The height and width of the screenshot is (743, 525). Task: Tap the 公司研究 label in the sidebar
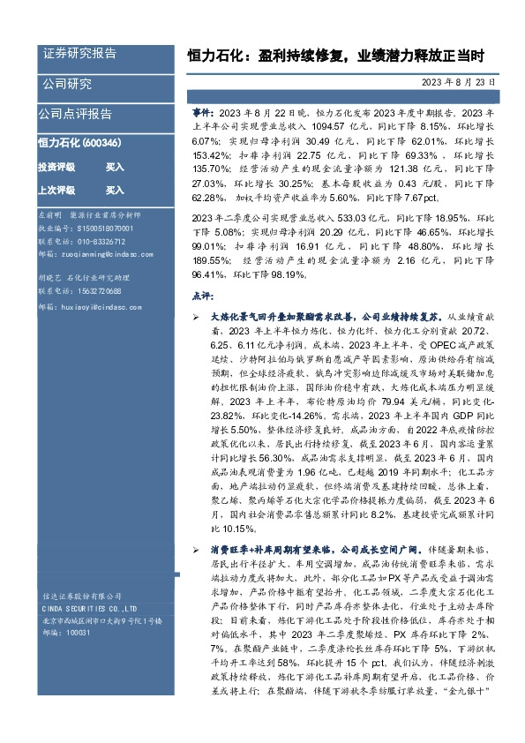tap(67, 85)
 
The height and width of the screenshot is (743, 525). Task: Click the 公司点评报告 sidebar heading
tap(74, 114)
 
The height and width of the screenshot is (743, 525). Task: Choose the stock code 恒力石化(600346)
tap(80, 142)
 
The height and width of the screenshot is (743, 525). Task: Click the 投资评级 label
tap(56, 166)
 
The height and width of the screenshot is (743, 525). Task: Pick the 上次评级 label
tap(56, 190)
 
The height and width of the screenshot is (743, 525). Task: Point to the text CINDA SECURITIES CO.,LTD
tap(87, 609)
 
